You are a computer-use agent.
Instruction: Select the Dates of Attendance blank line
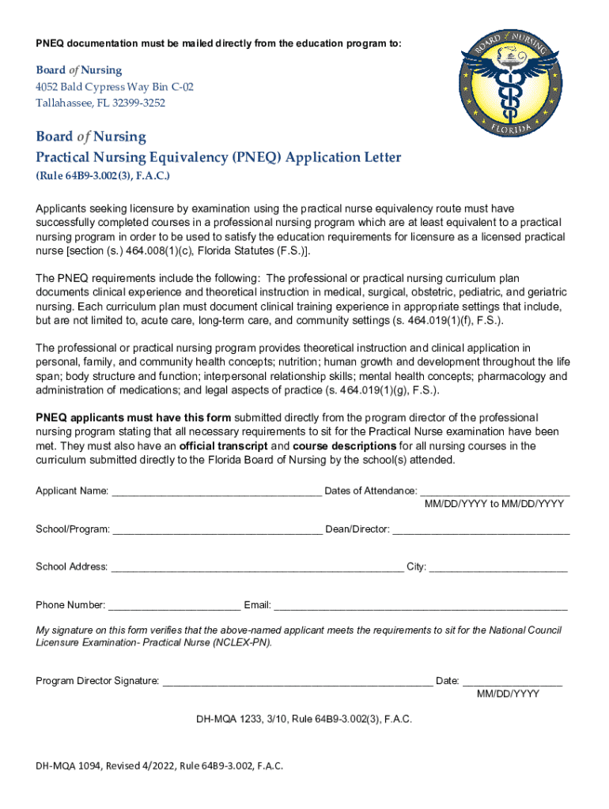click(x=494, y=491)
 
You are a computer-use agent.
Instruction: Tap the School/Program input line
click(x=217, y=529)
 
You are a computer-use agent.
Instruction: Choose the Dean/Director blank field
click(x=481, y=529)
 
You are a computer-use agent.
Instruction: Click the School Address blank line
click(x=257, y=567)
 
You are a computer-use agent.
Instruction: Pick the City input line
click(x=498, y=567)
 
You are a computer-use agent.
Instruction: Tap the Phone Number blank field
click(x=174, y=606)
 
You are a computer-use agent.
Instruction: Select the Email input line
click(x=421, y=606)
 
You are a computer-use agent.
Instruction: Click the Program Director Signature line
click(x=297, y=681)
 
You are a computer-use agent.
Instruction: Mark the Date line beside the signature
click(x=512, y=681)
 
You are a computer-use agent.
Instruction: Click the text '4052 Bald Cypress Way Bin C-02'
click(x=115, y=87)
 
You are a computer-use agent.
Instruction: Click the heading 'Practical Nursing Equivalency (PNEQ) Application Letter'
click(x=218, y=157)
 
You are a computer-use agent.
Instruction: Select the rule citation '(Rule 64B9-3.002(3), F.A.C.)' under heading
click(x=103, y=175)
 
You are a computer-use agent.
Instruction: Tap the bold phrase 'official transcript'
click(x=224, y=446)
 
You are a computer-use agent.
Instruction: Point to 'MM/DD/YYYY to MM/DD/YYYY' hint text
click(x=494, y=504)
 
